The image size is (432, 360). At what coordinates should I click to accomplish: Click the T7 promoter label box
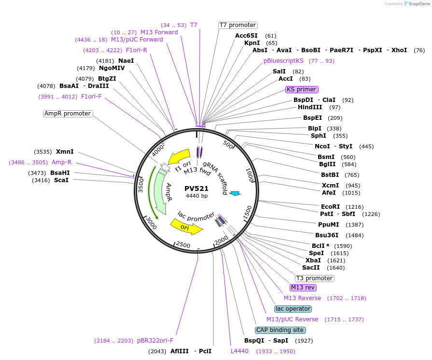click(x=237, y=25)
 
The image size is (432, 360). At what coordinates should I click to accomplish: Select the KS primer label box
click(x=302, y=89)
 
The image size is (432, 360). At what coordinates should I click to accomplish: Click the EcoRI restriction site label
click(x=330, y=206)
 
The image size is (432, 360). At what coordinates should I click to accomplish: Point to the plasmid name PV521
click(x=196, y=188)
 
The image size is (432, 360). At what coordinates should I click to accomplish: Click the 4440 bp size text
click(x=196, y=196)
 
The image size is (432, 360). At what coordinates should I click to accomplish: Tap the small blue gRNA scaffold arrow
click(x=235, y=193)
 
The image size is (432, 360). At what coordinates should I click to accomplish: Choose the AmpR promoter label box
click(x=68, y=114)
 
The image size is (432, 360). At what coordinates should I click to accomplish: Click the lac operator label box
click(x=293, y=309)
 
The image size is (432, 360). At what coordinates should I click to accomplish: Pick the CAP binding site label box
click(x=280, y=330)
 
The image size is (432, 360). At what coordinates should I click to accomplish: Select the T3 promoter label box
click(x=315, y=278)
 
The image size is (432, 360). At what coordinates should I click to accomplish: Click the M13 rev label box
click(x=303, y=288)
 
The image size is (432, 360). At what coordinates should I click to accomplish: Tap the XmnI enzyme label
click(x=65, y=152)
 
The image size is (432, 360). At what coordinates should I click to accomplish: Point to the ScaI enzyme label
click(x=61, y=180)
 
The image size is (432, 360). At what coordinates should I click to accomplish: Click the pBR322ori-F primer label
click(x=155, y=341)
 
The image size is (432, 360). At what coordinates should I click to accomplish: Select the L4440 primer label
click(x=239, y=351)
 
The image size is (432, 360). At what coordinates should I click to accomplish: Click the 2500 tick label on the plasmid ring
click(x=183, y=245)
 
